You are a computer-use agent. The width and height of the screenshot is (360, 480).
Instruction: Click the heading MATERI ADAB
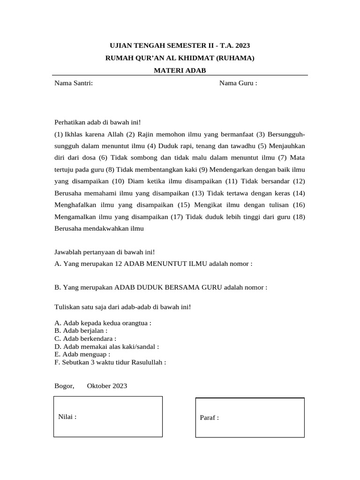180,70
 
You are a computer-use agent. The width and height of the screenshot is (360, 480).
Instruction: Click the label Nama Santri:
74,83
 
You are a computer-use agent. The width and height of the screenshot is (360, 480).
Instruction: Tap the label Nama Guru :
238,83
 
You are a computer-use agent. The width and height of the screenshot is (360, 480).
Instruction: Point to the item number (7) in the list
282,157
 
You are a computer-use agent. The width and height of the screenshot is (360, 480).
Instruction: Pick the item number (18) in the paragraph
299,217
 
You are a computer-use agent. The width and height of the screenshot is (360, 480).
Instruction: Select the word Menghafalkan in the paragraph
77,205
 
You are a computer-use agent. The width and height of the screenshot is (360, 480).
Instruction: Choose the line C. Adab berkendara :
85,338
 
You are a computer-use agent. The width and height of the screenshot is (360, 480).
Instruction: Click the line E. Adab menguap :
82,354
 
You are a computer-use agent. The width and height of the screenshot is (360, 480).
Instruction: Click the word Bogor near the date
64,386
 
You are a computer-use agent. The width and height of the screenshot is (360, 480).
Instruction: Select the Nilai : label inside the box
67,416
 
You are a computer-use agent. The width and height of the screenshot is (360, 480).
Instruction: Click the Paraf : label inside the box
209,418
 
